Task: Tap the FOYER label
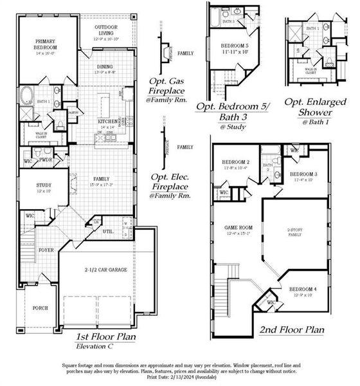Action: click(45, 250)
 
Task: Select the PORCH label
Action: click(40, 308)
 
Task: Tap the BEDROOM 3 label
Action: click(303, 174)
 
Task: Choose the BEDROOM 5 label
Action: click(235, 46)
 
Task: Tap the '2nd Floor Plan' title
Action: click(291, 329)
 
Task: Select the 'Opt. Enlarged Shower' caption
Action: click(315, 106)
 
